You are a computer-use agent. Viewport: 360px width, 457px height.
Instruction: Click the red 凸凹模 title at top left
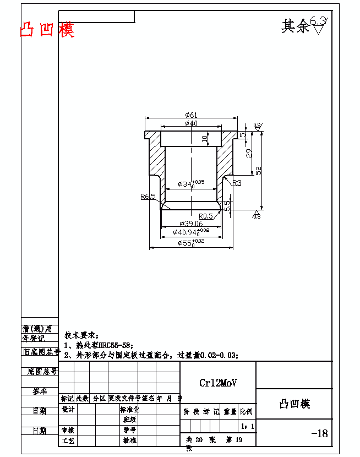click(47, 29)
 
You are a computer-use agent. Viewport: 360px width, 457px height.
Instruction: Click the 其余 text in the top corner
click(296, 26)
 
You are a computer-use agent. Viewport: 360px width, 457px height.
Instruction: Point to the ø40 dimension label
click(191, 123)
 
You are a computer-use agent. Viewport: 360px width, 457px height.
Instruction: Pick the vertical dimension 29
click(249, 154)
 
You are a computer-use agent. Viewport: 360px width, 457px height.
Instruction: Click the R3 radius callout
click(237, 182)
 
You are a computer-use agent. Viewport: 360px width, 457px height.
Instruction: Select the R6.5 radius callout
click(148, 196)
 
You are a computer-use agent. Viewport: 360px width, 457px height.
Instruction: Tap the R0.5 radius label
click(206, 216)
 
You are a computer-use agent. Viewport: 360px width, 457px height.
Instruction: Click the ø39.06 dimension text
click(191, 224)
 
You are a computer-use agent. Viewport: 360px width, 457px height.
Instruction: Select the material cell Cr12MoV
click(219, 383)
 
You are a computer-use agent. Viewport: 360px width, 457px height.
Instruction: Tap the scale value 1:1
click(248, 426)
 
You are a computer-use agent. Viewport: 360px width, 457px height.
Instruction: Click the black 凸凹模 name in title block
click(294, 404)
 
